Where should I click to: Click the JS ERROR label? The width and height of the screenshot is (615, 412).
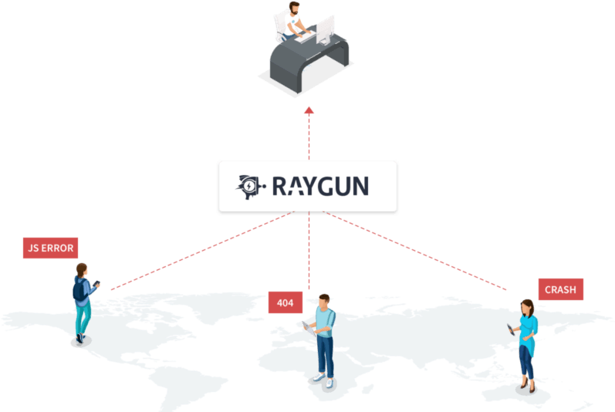50,248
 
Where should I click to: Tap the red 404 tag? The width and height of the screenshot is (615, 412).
285,303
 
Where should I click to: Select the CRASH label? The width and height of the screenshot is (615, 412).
560,289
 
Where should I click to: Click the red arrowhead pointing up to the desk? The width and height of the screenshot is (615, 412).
309,110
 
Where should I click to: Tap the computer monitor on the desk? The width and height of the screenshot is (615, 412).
326,29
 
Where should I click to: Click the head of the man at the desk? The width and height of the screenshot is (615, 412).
294,9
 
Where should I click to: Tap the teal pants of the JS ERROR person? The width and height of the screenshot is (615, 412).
83,318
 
